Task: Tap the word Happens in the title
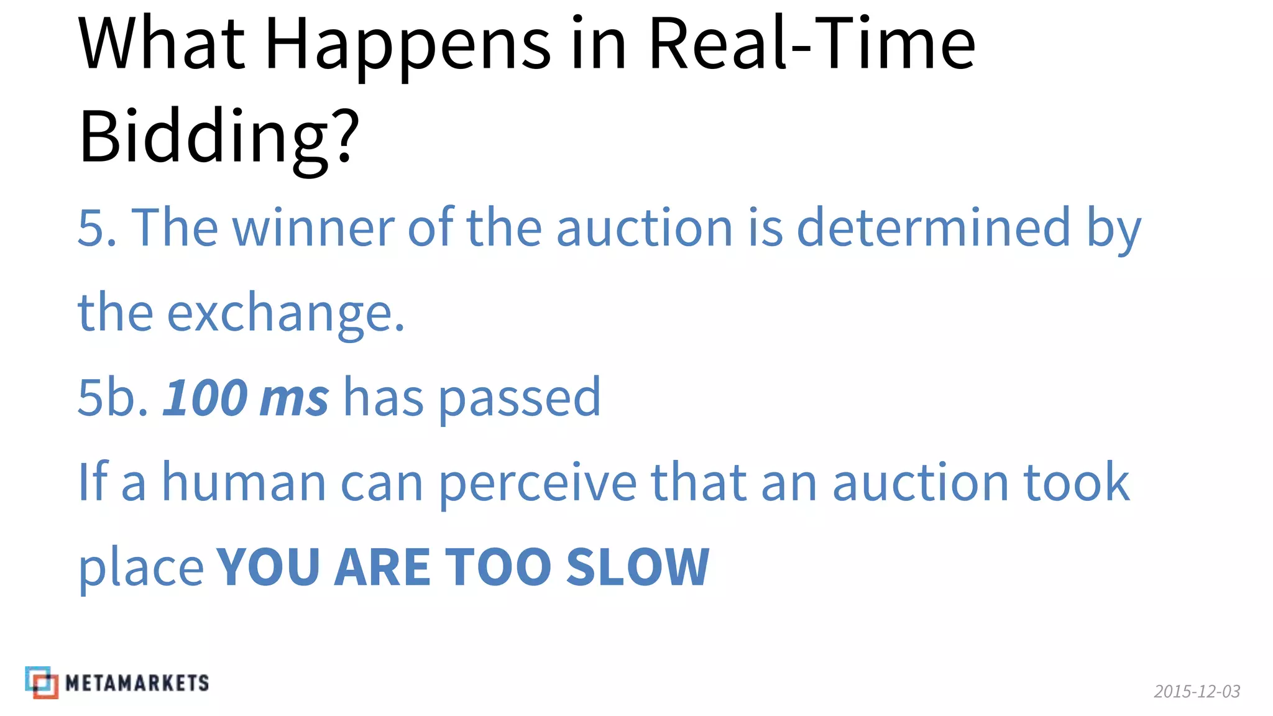click(407, 47)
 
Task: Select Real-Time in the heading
click(811, 44)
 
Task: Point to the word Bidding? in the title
click(219, 137)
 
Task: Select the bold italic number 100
click(205, 398)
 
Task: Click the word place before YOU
click(141, 569)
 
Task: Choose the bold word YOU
click(268, 567)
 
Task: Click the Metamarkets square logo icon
click(42, 682)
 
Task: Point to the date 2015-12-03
click(1197, 691)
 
